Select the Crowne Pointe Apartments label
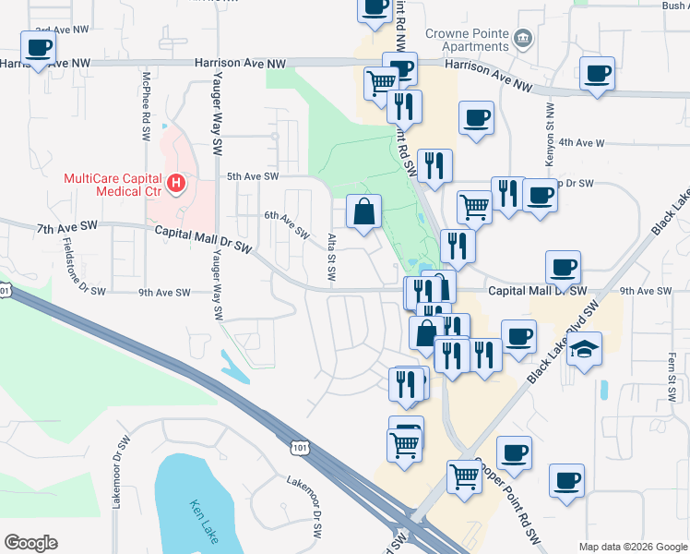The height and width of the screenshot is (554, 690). (x=468, y=40)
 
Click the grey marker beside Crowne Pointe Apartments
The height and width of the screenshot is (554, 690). (x=524, y=38)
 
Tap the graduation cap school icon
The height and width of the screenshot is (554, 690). (x=585, y=349)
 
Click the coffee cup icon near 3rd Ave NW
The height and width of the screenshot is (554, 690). (x=39, y=48)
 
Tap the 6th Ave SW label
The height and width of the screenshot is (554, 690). (x=286, y=223)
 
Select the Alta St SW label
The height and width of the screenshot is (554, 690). (x=332, y=258)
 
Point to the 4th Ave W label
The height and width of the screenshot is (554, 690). (x=581, y=143)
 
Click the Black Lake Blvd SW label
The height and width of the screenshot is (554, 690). (x=565, y=341)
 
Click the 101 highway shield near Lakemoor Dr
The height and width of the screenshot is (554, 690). (x=298, y=448)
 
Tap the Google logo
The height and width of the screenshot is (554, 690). (x=30, y=543)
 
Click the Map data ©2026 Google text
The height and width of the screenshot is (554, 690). (x=633, y=547)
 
